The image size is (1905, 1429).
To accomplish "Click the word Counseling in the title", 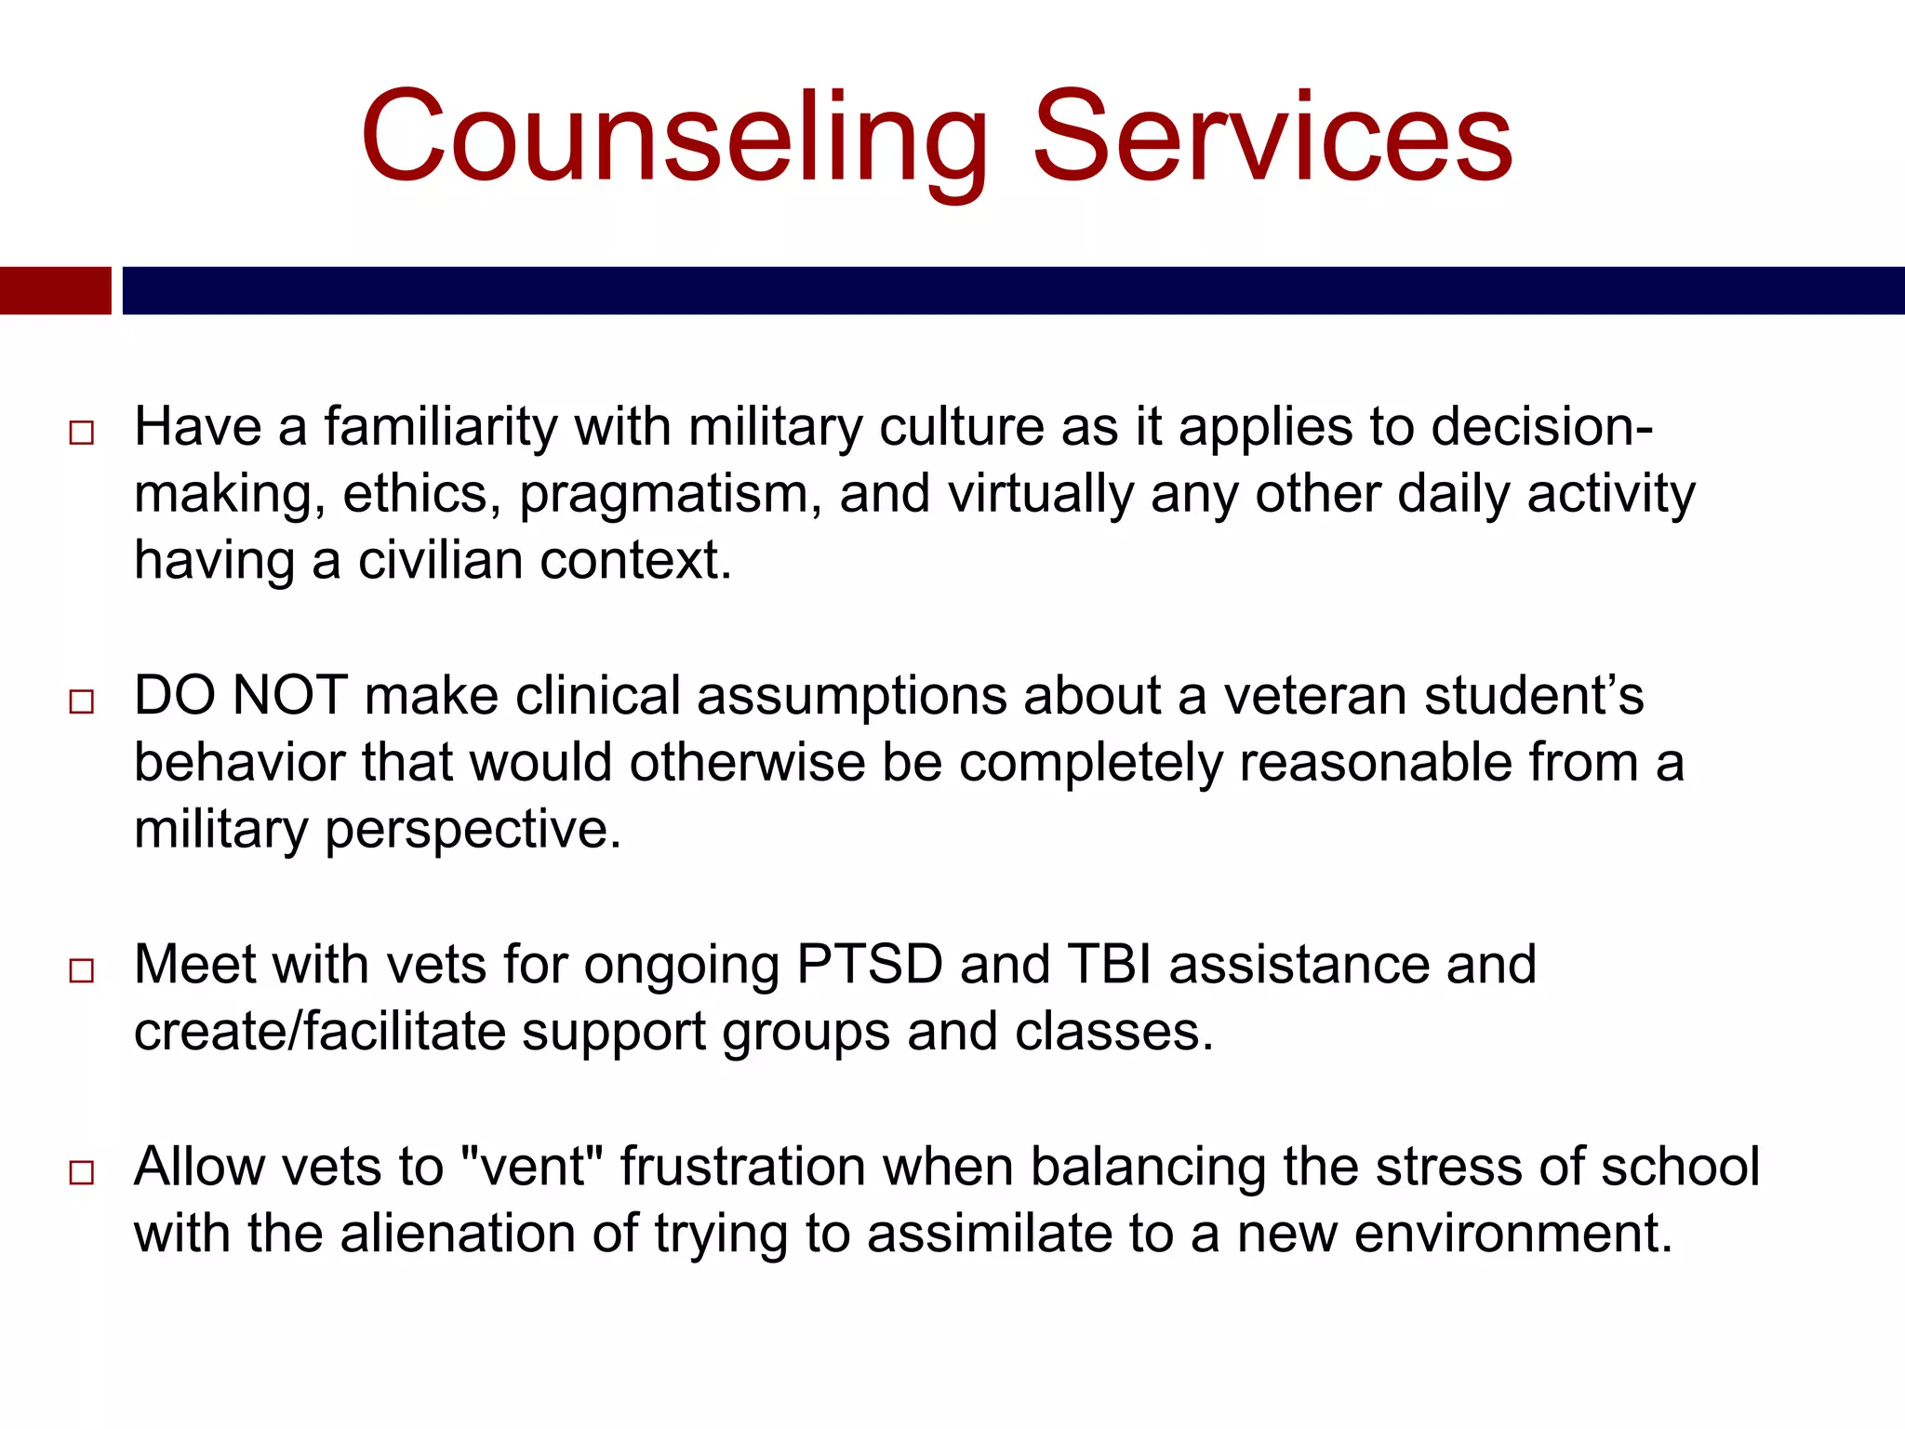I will coord(674,138).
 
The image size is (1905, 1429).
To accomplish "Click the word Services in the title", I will coord(1272,138).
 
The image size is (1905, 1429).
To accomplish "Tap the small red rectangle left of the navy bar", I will coord(55,290).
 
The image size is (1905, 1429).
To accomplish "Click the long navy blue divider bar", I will coord(1012,290).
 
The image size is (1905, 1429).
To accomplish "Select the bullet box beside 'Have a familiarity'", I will coord(82,433).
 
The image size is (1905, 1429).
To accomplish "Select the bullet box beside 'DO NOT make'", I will coord(82,701).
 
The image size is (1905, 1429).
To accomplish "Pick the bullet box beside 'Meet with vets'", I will coord(82,970).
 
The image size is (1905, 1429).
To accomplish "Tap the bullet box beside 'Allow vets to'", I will coord(82,1172).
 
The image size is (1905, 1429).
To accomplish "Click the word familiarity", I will coord(440,428).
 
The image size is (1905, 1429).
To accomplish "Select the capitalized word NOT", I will coord(290,696).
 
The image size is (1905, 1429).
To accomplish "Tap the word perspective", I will coord(472,830).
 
